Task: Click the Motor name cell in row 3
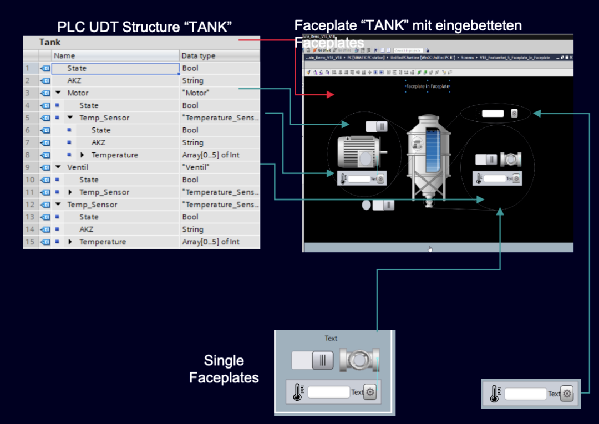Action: point(78,93)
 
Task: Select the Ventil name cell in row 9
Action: point(78,167)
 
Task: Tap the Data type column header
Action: point(199,56)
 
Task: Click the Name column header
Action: point(64,56)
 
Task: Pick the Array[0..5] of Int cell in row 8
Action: point(211,155)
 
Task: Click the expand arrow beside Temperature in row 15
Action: point(70,242)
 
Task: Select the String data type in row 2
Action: point(193,81)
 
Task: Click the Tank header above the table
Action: point(50,42)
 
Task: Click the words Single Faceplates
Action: point(224,369)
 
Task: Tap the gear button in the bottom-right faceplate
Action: point(566,394)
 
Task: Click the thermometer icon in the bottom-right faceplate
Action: point(494,394)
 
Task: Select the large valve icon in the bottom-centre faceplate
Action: point(359,360)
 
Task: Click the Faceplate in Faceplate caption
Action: point(428,87)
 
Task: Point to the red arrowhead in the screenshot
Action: point(332,95)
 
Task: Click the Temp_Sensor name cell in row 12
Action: point(93,205)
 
